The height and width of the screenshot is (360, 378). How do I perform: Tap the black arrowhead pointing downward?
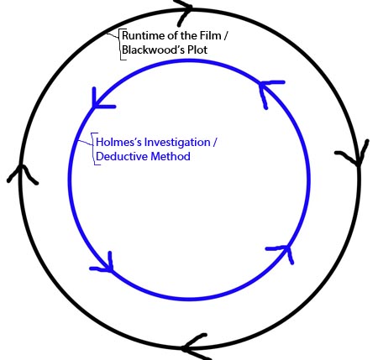pyautogui.click(x=356, y=157)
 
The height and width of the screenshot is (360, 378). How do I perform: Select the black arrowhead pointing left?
pyautogui.click(x=193, y=347)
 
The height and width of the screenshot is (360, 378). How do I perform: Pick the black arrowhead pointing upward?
pyautogui.click(x=22, y=174)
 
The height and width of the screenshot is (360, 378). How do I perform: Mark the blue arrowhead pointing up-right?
pyautogui.click(x=284, y=251)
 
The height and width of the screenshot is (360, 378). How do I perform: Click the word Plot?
pyautogui.click(x=197, y=50)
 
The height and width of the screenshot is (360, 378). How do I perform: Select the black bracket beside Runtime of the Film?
pyautogui.click(x=121, y=44)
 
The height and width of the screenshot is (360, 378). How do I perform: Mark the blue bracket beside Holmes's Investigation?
pyautogui.click(x=93, y=149)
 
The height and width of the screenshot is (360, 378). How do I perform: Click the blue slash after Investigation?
pyautogui.click(x=214, y=143)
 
